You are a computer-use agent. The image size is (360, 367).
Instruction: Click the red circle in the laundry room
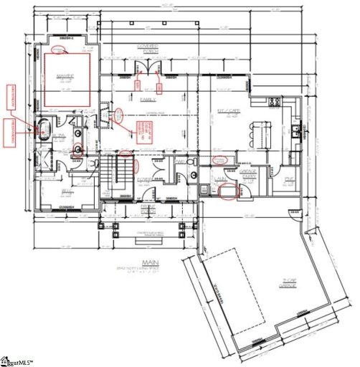tap(230, 191)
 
